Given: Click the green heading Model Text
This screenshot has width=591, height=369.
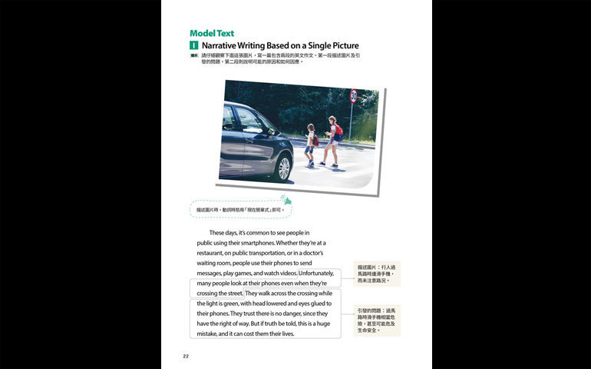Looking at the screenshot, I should (212, 33).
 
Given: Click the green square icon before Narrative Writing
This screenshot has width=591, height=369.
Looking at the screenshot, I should (194, 46).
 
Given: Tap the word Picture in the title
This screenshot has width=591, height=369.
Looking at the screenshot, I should (341, 46).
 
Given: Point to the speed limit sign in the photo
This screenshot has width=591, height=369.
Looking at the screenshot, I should (353, 97).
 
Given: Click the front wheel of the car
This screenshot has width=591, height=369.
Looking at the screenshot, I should (285, 167).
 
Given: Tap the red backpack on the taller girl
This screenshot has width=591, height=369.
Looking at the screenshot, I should (338, 130).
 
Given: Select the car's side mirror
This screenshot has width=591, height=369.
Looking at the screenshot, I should (270, 132).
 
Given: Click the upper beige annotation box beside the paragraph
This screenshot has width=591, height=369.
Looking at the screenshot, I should (377, 274).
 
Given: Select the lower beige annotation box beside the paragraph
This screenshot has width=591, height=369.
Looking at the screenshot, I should (377, 320).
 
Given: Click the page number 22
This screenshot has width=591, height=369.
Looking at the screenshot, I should (186, 356).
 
